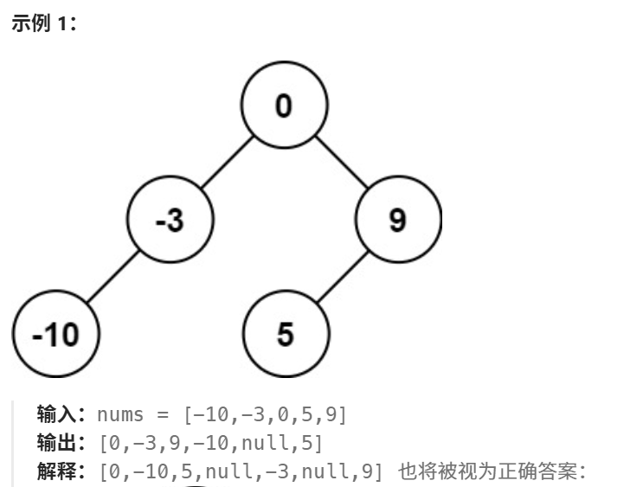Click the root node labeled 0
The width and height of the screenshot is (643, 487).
[284, 106]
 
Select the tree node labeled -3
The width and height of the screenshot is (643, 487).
[170, 221]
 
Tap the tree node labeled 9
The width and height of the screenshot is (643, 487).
[397, 221]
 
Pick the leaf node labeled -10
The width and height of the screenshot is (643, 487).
[56, 334]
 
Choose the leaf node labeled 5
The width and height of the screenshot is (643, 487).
[285, 334]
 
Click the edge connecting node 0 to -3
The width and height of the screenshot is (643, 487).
[227, 163]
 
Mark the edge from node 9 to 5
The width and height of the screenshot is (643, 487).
[341, 277]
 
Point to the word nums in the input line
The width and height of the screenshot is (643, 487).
[119, 414]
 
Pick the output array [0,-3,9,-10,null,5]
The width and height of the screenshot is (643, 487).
[211, 444]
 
